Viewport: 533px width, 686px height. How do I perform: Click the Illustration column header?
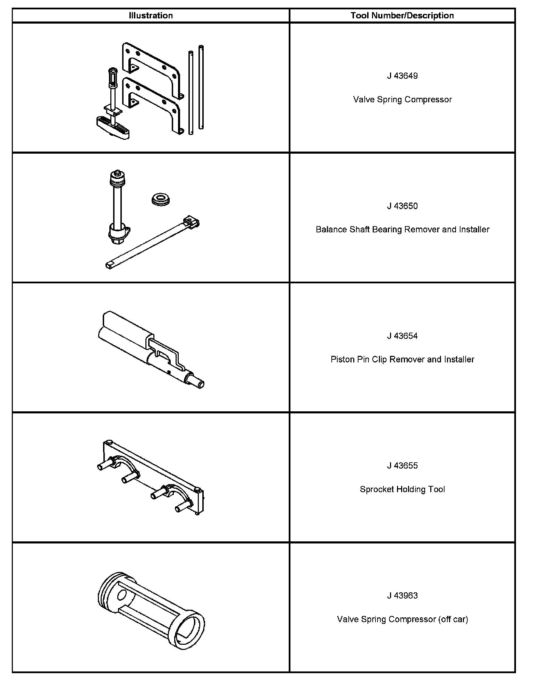pyautogui.click(x=151, y=16)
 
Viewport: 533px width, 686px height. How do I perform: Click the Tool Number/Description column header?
pyautogui.click(x=402, y=16)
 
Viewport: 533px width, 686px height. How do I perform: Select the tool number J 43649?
pyautogui.click(x=402, y=76)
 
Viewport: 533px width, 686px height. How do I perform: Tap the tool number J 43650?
pyautogui.click(x=402, y=206)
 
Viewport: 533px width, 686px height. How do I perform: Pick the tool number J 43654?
pyautogui.click(x=402, y=336)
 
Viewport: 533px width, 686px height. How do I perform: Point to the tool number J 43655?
pyautogui.click(x=402, y=465)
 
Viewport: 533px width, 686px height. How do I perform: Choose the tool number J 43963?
pyautogui.click(x=402, y=595)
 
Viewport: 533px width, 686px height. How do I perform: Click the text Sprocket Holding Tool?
pyautogui.click(x=402, y=489)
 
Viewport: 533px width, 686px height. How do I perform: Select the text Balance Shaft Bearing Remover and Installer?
pyautogui.click(x=402, y=230)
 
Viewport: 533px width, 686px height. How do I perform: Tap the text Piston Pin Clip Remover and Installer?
pyautogui.click(x=402, y=359)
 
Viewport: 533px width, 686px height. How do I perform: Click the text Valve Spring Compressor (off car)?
pyautogui.click(x=402, y=619)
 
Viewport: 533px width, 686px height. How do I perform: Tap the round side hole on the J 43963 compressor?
pyautogui.click(x=122, y=595)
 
